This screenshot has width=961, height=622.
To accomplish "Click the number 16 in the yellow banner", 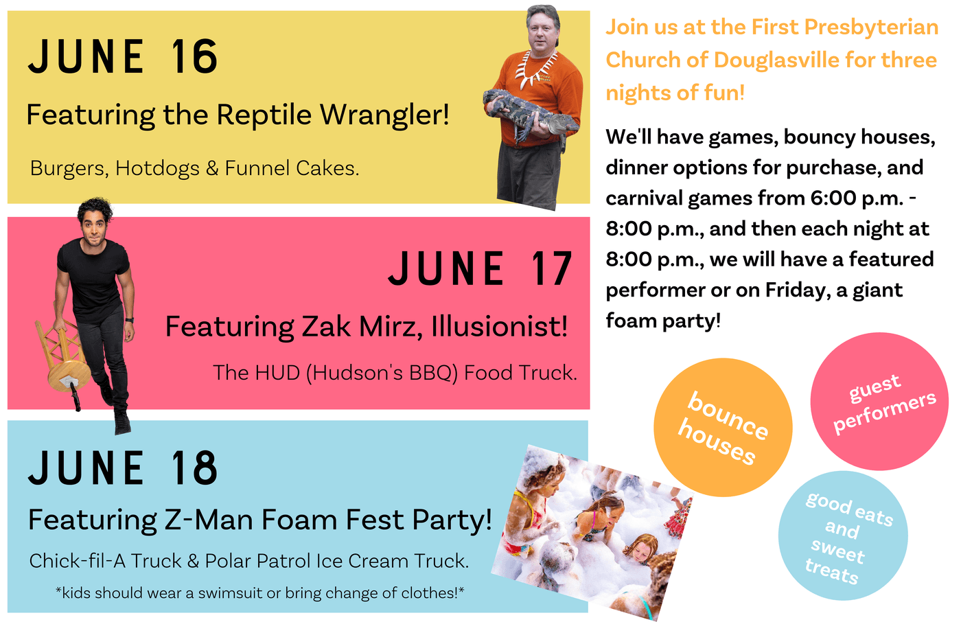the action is (x=194, y=56).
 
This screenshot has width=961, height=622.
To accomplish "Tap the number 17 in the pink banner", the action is (x=552, y=268).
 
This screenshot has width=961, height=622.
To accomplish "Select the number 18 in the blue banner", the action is (x=194, y=468).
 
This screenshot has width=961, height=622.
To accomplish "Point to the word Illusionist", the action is (x=500, y=327).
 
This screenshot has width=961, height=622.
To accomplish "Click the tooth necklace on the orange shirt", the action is (x=537, y=69).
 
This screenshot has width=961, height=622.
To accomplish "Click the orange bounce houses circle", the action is (x=723, y=427).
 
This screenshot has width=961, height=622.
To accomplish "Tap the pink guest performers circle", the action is (x=879, y=402).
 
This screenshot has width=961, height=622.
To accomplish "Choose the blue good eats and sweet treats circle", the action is (x=843, y=535).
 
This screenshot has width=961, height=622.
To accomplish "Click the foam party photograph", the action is (x=592, y=532).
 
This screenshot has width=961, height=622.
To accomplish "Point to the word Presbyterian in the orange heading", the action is (x=871, y=27).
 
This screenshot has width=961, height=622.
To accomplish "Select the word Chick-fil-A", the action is (x=77, y=561).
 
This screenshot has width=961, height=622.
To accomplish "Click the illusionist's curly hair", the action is (x=95, y=209).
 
